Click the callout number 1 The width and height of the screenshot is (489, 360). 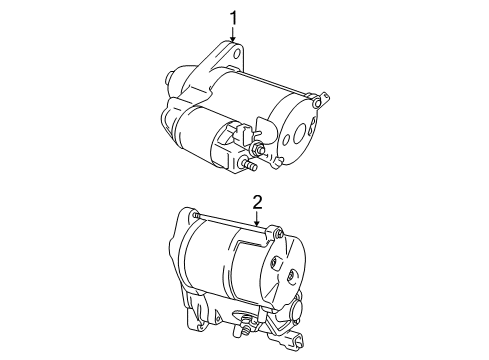click(x=233, y=18)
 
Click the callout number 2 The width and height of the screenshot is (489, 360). click(x=257, y=203)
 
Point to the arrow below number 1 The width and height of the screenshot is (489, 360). click(x=233, y=34)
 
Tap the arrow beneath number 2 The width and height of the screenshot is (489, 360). click(x=257, y=219)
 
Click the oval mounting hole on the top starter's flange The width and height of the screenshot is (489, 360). click(x=237, y=54)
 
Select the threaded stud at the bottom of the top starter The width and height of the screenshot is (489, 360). click(x=248, y=165)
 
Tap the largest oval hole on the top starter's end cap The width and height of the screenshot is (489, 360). click(x=299, y=132)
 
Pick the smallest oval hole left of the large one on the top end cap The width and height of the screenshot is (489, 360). click(x=286, y=140)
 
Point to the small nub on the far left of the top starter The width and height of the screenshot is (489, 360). click(x=169, y=77)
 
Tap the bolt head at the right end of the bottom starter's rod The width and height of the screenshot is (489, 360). click(x=279, y=233)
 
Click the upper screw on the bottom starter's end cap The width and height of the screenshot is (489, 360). click(x=274, y=262)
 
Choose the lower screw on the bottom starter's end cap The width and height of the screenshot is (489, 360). click(x=291, y=276)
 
